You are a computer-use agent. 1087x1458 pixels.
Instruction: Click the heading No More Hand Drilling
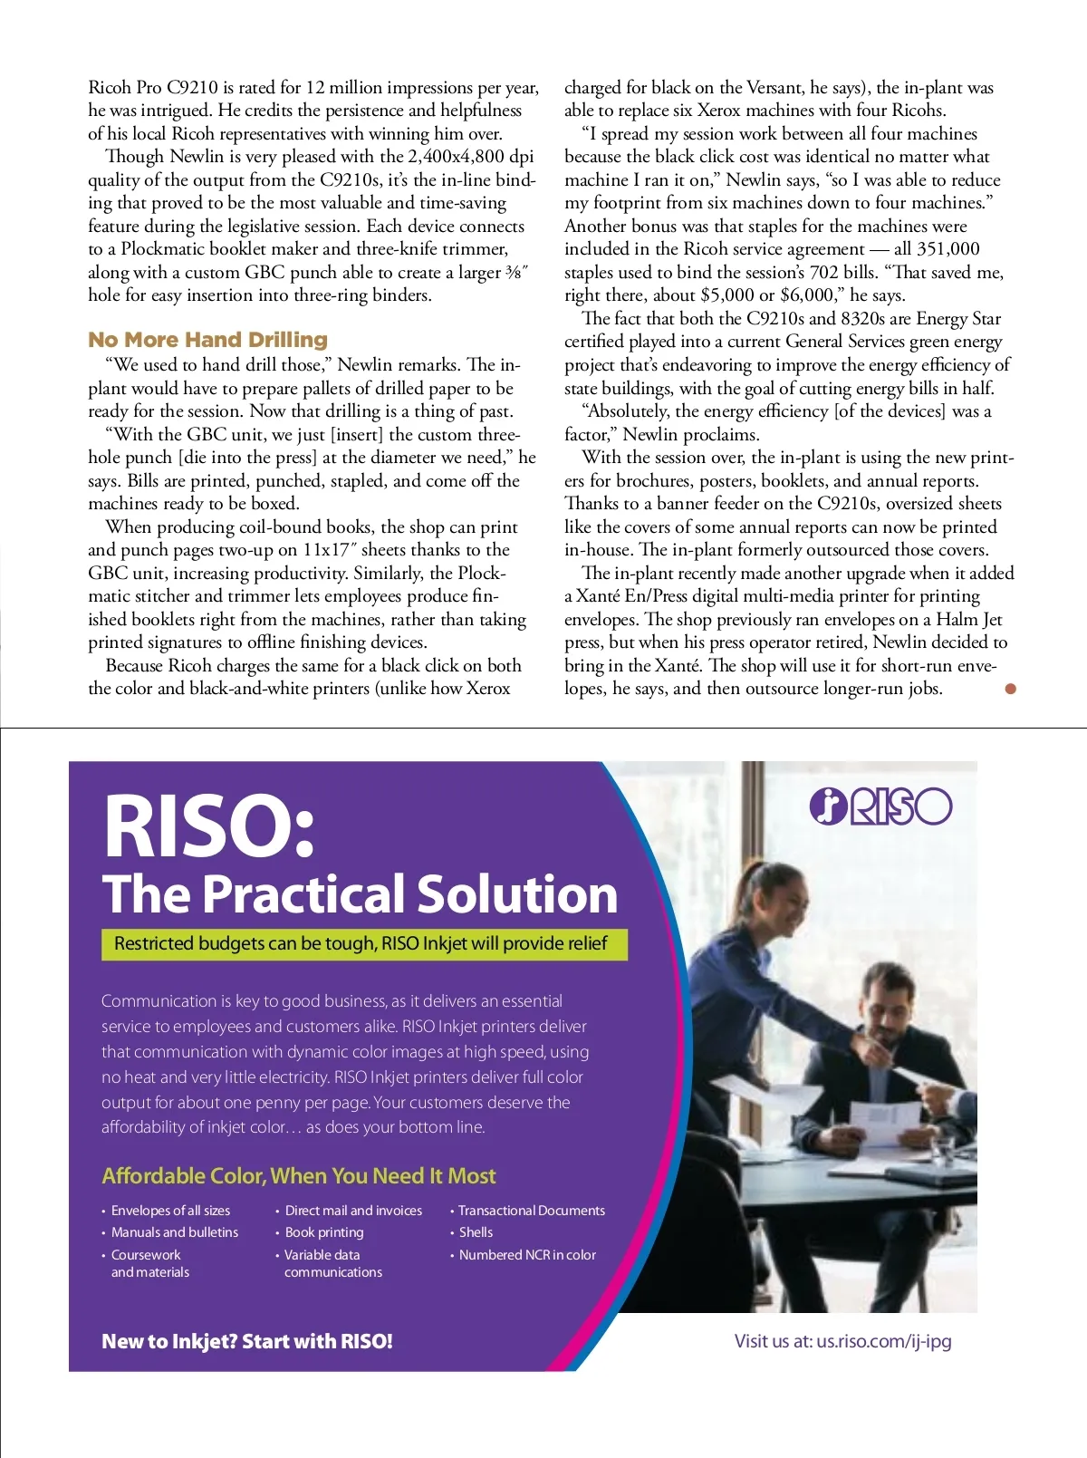pos(207,340)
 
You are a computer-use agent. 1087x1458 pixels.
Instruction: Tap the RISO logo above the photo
pos(880,806)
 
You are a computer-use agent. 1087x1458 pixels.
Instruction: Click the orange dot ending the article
pos(1011,689)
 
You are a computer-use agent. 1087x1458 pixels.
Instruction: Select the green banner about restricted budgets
pos(363,943)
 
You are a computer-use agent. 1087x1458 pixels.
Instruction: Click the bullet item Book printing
pos(323,1232)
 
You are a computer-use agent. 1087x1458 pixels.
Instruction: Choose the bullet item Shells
pos(476,1232)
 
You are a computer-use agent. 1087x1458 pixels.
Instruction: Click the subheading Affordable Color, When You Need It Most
pos(299,1176)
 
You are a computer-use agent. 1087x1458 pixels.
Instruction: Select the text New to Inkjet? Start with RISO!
pos(247,1341)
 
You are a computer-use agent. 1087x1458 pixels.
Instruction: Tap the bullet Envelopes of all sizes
pos(170,1211)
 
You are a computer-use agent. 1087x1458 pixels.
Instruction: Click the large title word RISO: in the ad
pos(209,826)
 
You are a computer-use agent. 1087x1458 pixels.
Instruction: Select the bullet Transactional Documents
pos(531,1211)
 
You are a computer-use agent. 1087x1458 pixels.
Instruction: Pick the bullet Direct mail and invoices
pos(353,1211)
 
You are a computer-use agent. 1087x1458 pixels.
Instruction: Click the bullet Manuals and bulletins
pos(174,1232)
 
